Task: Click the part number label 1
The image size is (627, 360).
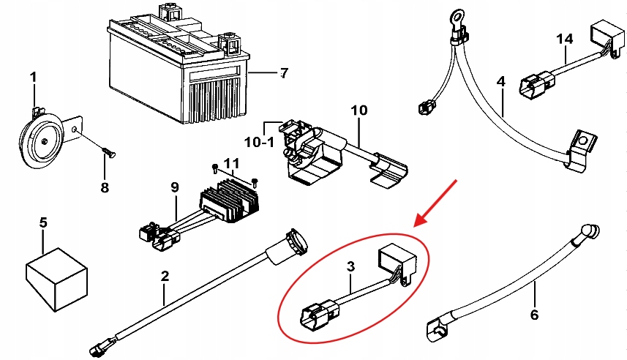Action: tap(32, 76)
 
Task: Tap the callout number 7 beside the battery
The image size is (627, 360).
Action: tap(284, 72)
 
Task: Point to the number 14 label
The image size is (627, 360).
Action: tap(565, 38)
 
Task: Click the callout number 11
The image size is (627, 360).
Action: tap(232, 162)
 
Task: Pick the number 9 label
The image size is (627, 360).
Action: tap(175, 187)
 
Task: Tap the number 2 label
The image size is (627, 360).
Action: tap(165, 276)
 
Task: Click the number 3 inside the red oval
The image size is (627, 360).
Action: tap(350, 267)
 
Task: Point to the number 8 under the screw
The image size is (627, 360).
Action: tap(104, 187)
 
